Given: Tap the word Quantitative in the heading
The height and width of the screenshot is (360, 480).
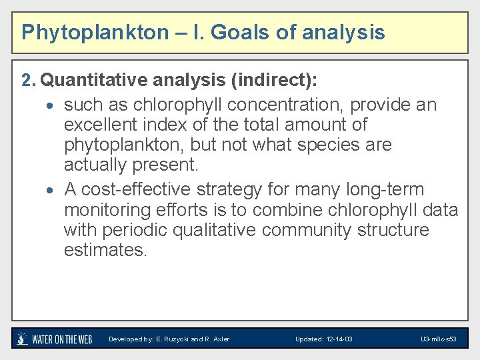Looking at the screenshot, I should (94, 81).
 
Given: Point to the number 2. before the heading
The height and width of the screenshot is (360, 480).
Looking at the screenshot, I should (28, 81).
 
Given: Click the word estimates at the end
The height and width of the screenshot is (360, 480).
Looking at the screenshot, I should (105, 250).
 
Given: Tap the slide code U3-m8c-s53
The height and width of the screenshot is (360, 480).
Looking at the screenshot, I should (439, 339).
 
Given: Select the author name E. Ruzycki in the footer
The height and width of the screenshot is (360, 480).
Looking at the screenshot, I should (173, 339).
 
